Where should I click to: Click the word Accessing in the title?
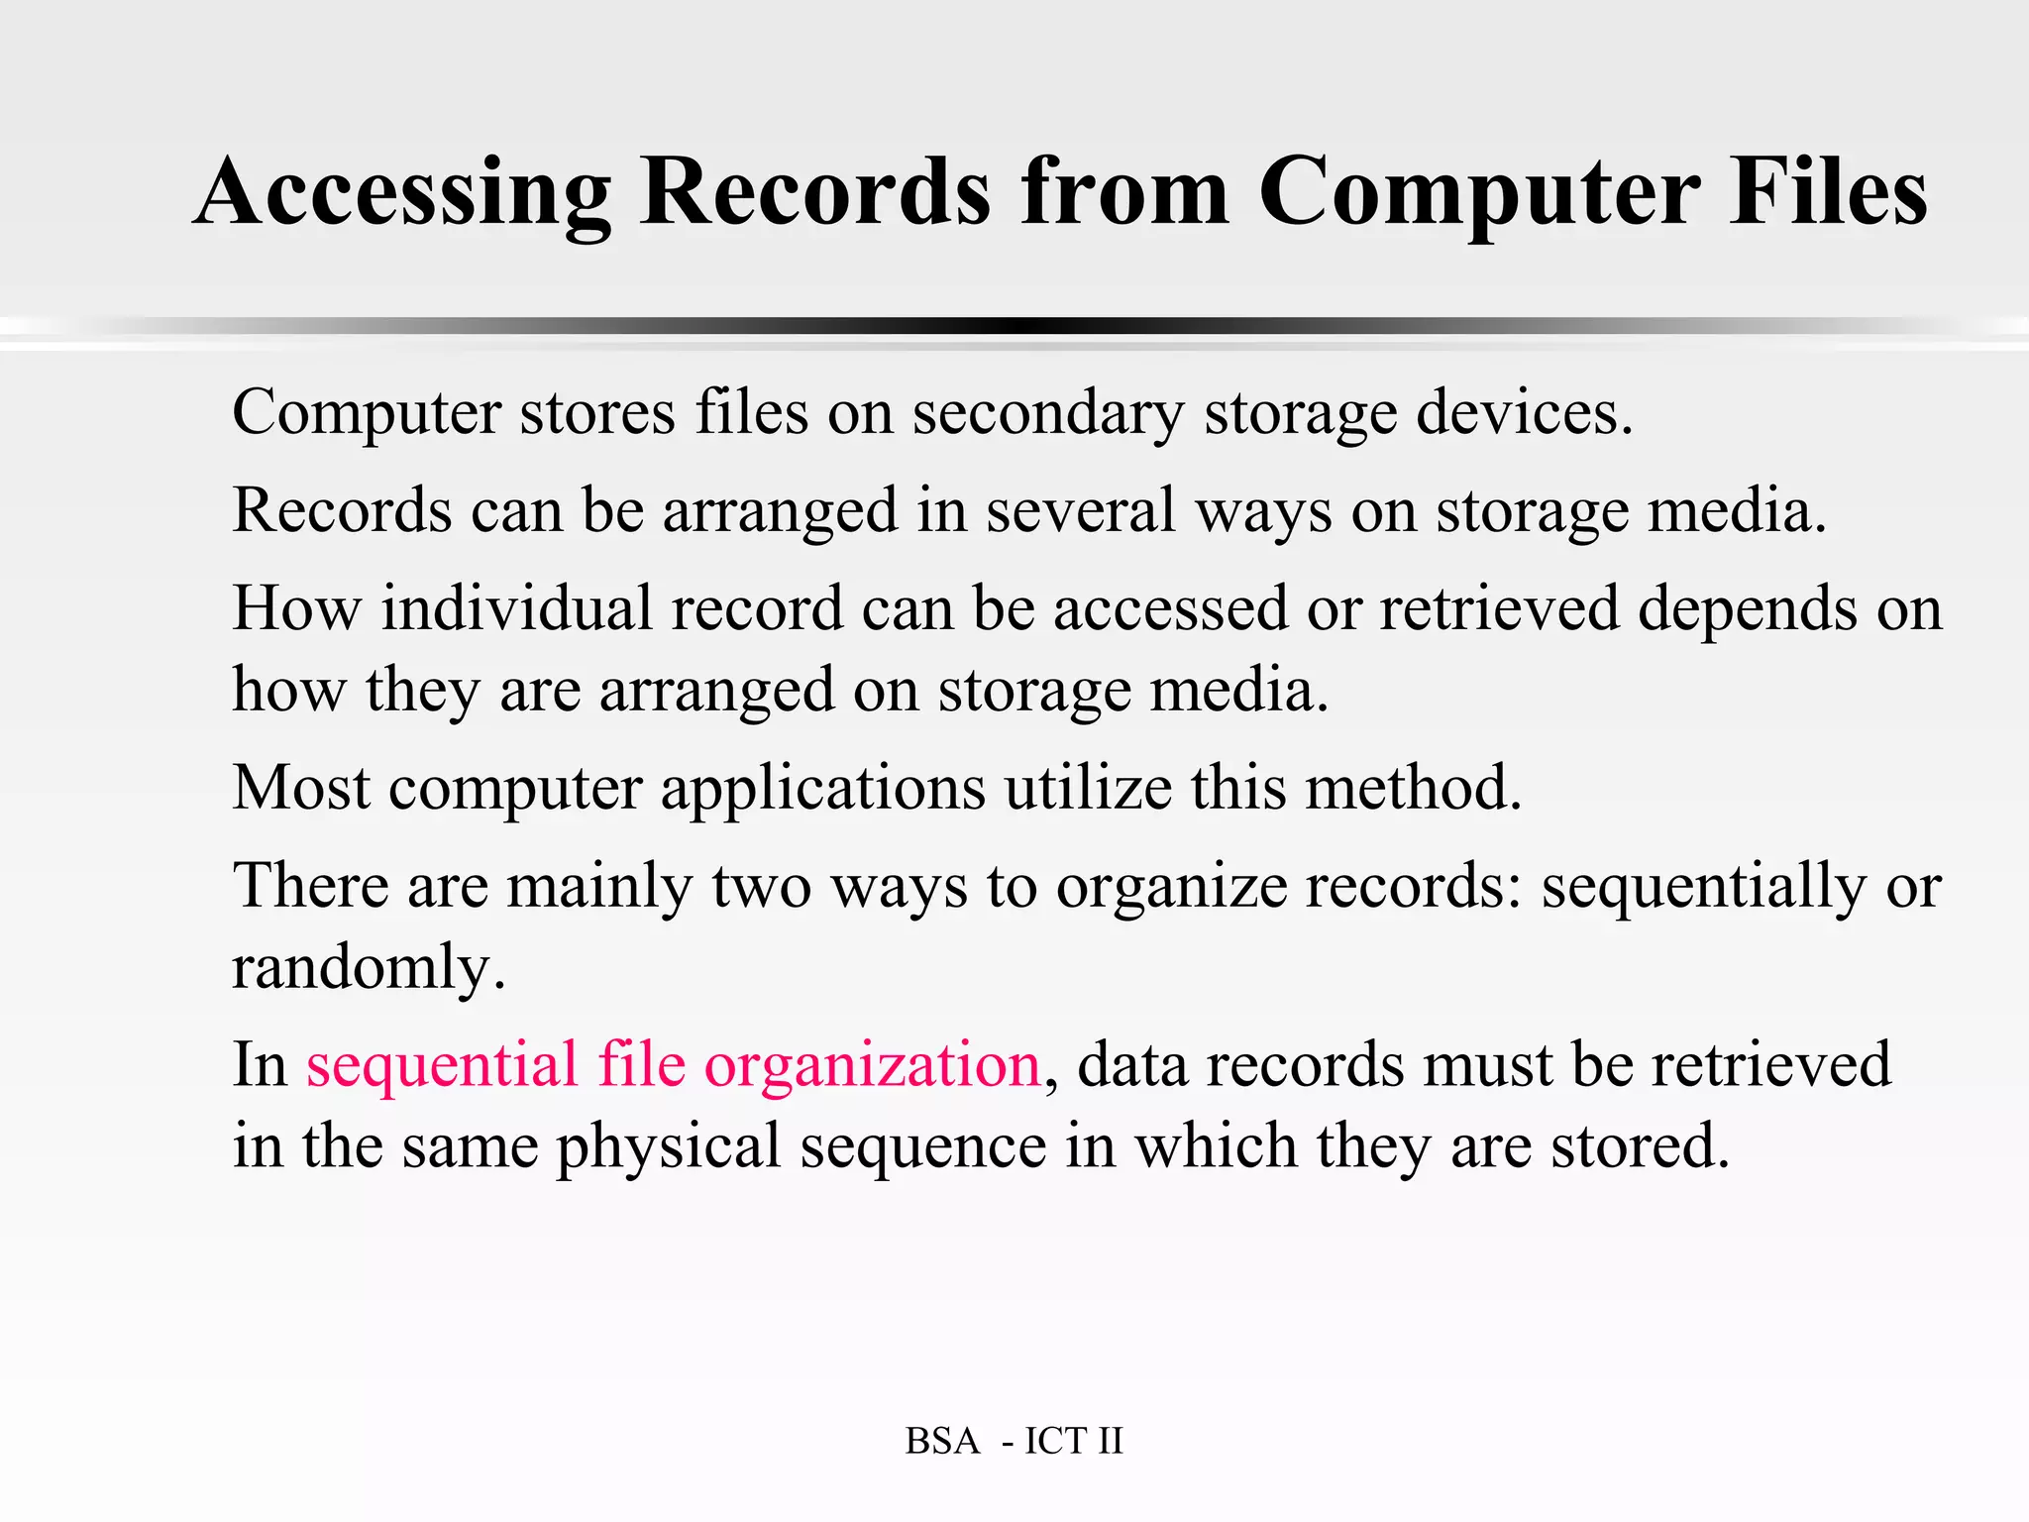[402, 193]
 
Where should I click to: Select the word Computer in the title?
[1479, 193]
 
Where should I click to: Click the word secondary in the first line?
[1047, 412]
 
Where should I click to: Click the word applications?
[822, 790]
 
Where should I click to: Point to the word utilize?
[1088, 788]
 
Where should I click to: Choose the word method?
[1413, 788]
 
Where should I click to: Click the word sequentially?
[1703, 887]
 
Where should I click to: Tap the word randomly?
[369, 968]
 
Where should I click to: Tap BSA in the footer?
[941, 1441]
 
